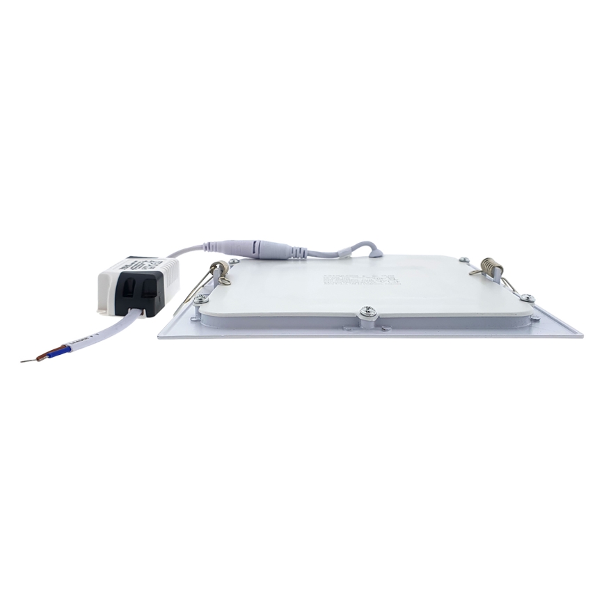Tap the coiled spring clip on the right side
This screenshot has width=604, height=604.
click(491, 267)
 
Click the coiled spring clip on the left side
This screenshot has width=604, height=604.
click(220, 269)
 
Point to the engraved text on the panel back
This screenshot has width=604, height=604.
click(358, 278)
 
